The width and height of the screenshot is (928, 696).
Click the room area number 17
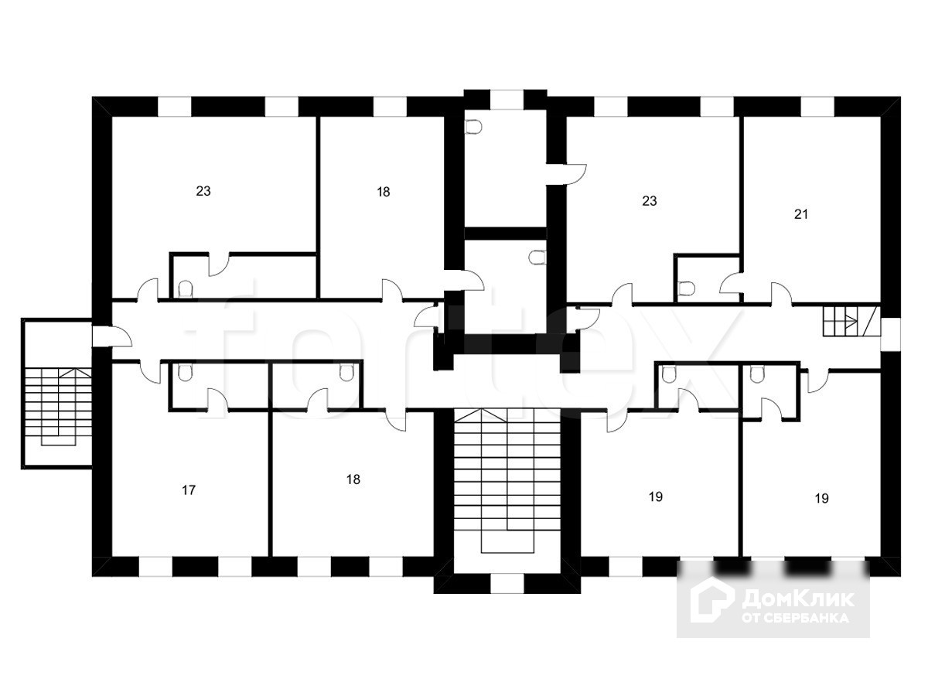click(189, 490)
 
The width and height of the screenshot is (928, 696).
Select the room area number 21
click(801, 214)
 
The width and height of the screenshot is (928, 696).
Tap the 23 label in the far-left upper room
click(203, 191)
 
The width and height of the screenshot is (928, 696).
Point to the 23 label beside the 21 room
click(650, 201)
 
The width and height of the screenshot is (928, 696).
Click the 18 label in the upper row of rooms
click(384, 192)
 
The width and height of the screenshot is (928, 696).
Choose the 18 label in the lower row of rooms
click(353, 479)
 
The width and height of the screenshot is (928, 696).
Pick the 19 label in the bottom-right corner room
click(822, 499)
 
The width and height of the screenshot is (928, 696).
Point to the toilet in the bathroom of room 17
click(184, 374)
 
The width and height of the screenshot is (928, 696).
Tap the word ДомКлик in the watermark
click(798, 599)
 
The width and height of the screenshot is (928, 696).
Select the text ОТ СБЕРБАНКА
click(795, 618)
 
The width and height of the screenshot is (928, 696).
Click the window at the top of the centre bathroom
click(507, 100)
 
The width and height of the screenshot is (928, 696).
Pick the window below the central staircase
click(507, 583)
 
